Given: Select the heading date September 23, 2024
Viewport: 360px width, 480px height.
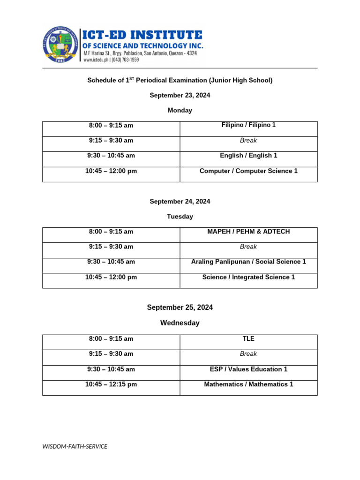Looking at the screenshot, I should click(x=180, y=95).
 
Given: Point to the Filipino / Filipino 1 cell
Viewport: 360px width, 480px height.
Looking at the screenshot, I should click(x=248, y=125).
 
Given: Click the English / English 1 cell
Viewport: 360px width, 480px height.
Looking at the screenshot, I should click(x=248, y=156).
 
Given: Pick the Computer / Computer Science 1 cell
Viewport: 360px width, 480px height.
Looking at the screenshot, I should click(x=248, y=171).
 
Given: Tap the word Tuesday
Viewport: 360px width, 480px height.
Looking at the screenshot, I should click(x=180, y=217).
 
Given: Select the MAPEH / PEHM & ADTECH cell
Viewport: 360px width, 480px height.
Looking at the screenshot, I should click(x=248, y=232).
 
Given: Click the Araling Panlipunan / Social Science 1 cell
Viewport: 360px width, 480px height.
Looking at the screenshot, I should click(x=248, y=262).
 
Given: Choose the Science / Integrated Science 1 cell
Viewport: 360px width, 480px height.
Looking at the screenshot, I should click(x=248, y=277).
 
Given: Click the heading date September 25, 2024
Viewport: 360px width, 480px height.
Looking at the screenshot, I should click(x=180, y=307).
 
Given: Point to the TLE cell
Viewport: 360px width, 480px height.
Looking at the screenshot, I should click(x=248, y=338).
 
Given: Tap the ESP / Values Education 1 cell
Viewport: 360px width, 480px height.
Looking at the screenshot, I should click(x=248, y=369).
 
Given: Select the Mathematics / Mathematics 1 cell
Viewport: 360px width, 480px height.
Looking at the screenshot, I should click(x=248, y=384).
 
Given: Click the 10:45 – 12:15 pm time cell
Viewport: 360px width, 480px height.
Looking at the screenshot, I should click(x=111, y=384).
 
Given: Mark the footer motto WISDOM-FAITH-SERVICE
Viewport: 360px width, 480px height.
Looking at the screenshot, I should click(x=75, y=446).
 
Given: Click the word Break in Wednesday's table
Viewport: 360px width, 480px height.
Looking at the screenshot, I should click(x=248, y=354).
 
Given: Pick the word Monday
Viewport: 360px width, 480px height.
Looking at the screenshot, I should click(x=180, y=110).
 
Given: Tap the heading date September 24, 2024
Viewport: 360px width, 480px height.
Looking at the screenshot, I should click(x=180, y=201).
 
